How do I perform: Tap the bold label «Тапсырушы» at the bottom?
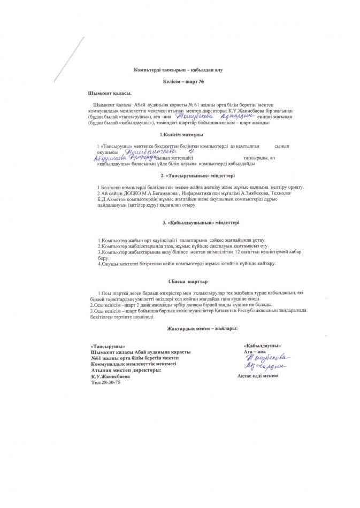click(105, 347)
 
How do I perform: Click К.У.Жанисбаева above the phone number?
click(110, 376)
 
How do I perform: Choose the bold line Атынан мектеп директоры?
click(126, 370)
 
